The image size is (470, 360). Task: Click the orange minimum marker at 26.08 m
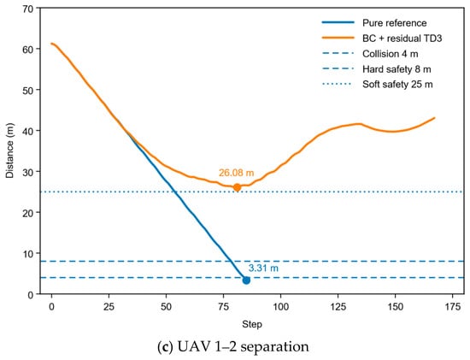[x=237, y=188]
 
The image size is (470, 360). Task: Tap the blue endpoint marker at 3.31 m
[x=246, y=280]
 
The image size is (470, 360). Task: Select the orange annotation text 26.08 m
[x=236, y=173]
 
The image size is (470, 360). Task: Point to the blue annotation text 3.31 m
[x=263, y=268]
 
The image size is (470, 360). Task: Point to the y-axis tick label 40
[x=28, y=131]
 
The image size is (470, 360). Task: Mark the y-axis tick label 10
[x=28, y=253]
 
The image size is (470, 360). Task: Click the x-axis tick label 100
[x=280, y=307]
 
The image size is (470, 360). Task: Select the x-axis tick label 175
[x=452, y=307]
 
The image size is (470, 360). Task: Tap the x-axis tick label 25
[x=109, y=307]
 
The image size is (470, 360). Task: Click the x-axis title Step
[x=252, y=324]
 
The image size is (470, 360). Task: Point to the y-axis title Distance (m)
[x=10, y=150]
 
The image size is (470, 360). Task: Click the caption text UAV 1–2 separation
[x=243, y=347]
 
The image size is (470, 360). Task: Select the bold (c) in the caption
[x=165, y=347]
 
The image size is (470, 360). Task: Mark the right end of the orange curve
[x=434, y=118]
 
